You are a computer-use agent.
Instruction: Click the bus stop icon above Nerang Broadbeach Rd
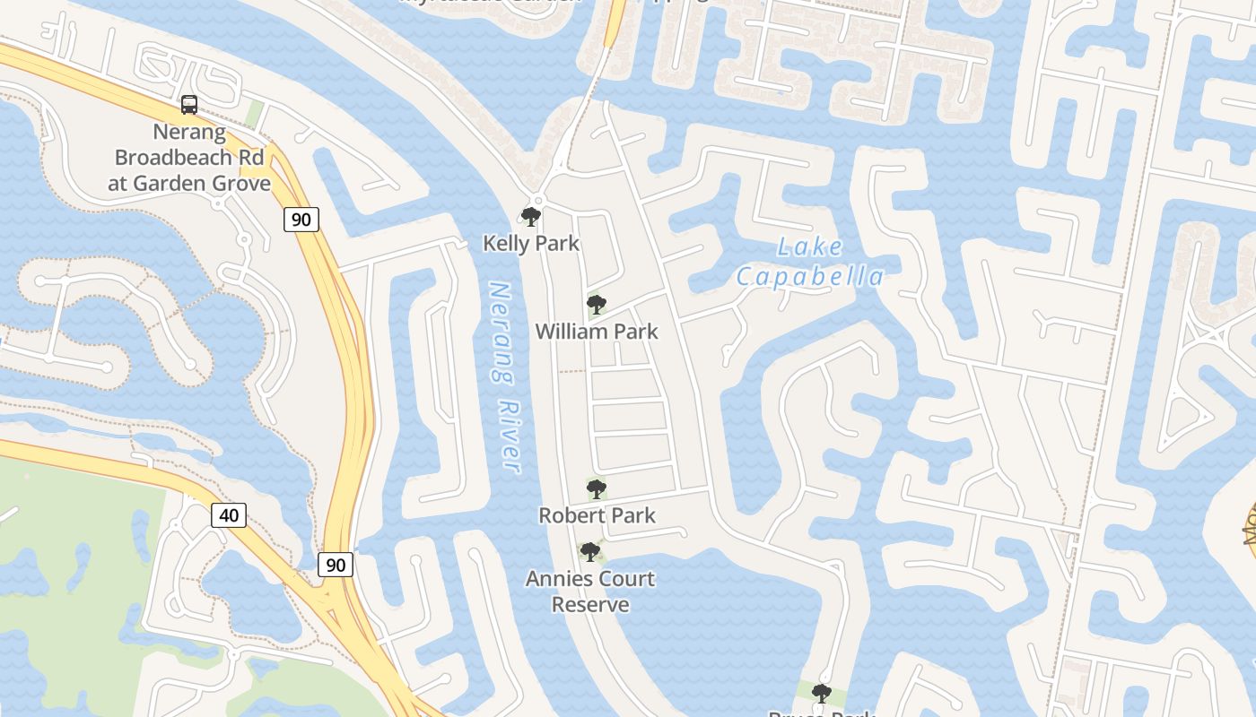[x=189, y=105]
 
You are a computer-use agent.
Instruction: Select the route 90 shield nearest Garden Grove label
[x=301, y=219]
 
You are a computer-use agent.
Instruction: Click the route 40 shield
[x=229, y=514]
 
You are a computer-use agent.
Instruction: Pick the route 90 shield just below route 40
[x=336, y=565]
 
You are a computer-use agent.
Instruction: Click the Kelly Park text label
[x=531, y=243]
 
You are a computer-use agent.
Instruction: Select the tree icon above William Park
[x=597, y=305]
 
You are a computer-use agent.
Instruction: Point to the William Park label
[x=597, y=332]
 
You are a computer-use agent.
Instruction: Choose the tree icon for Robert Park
[x=597, y=489]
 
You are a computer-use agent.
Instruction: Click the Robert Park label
[x=597, y=515]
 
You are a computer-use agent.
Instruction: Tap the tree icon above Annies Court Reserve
[x=589, y=552]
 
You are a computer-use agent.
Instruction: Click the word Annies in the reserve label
[x=556, y=579]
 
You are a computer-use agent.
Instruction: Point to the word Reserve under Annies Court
[x=589, y=605]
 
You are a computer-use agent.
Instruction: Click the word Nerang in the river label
[x=499, y=332]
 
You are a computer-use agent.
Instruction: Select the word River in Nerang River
[x=509, y=439]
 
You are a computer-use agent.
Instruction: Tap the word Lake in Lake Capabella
[x=809, y=247]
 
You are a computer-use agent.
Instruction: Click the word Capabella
[x=810, y=277]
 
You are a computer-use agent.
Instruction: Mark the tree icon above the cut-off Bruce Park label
[x=821, y=693]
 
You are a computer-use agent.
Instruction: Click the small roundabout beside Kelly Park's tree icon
[x=537, y=200]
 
